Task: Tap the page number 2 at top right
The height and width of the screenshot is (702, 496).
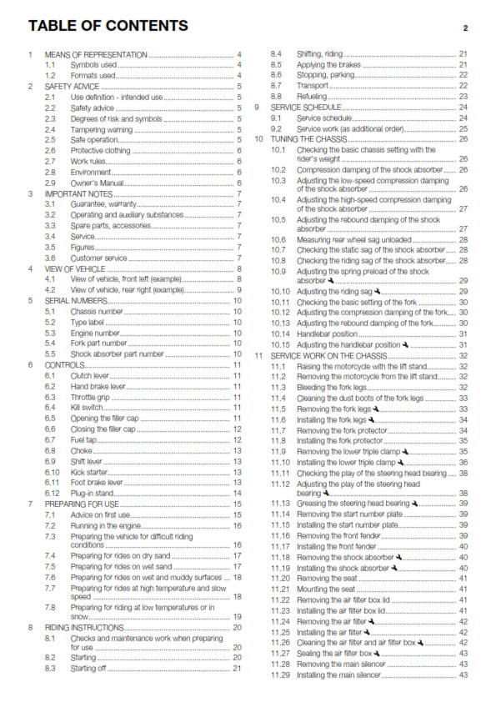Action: click(x=464, y=28)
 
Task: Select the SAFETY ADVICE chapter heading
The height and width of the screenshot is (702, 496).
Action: click(x=73, y=86)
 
